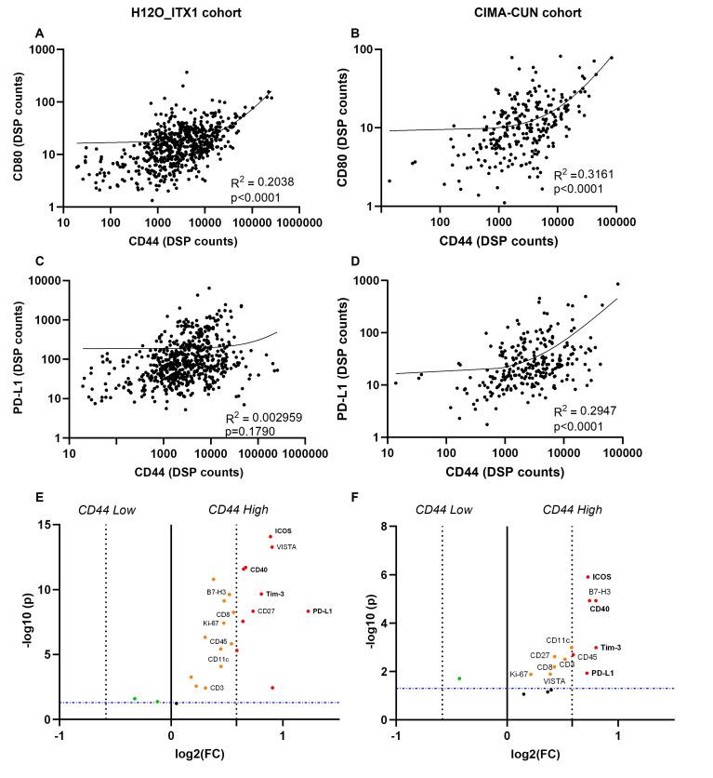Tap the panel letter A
click(x=39, y=34)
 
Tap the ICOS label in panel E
click(x=284, y=530)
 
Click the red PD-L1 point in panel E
click(x=308, y=611)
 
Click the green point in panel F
click(x=459, y=678)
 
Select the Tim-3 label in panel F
click(x=612, y=648)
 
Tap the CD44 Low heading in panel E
click(x=106, y=510)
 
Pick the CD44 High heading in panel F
click(x=573, y=510)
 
